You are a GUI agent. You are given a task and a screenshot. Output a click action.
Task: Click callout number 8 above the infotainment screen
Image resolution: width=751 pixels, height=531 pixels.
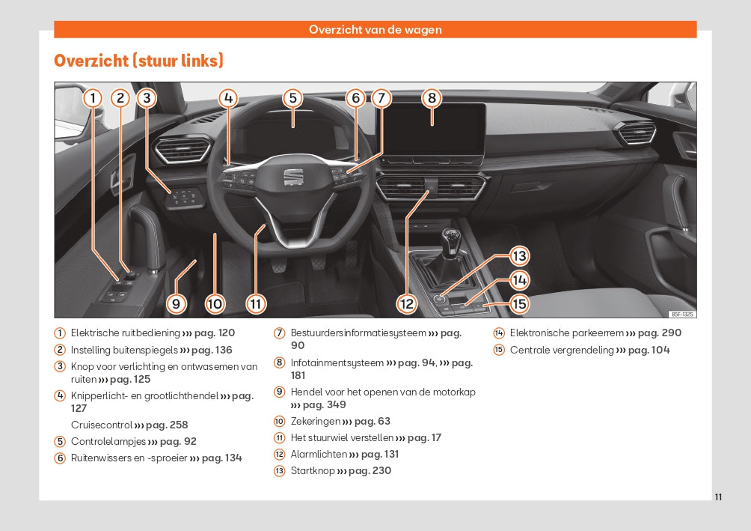pyautogui.click(x=432, y=97)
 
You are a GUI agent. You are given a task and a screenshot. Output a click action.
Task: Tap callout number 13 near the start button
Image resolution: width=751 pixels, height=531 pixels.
pyautogui.click(x=519, y=256)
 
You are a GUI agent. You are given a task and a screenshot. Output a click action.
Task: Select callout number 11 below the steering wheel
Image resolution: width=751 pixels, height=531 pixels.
pyautogui.click(x=256, y=303)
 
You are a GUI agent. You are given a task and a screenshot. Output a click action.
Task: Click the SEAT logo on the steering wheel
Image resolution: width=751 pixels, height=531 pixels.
pyautogui.click(x=292, y=176)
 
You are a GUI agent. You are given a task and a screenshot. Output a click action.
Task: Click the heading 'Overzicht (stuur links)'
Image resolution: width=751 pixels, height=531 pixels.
pyautogui.click(x=138, y=61)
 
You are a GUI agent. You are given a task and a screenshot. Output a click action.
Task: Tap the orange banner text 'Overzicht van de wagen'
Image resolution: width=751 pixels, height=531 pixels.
pyautogui.click(x=375, y=30)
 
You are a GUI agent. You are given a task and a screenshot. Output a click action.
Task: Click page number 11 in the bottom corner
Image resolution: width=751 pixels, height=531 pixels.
pyautogui.click(x=718, y=497)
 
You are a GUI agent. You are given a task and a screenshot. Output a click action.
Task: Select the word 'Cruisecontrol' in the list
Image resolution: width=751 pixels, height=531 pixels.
pyautogui.click(x=101, y=425)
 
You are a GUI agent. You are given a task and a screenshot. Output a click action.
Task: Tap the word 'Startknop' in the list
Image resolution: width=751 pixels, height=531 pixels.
pyautogui.click(x=312, y=471)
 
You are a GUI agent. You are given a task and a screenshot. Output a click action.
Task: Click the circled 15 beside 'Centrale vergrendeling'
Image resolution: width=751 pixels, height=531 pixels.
pyautogui.click(x=499, y=351)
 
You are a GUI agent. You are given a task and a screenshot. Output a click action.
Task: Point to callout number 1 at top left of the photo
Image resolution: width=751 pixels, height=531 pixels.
pyautogui.click(x=92, y=97)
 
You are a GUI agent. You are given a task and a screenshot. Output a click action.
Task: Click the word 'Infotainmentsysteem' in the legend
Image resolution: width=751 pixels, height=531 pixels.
pyautogui.click(x=337, y=363)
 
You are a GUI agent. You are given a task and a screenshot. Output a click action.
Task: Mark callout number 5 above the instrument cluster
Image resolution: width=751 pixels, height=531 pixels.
pyautogui.click(x=292, y=97)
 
